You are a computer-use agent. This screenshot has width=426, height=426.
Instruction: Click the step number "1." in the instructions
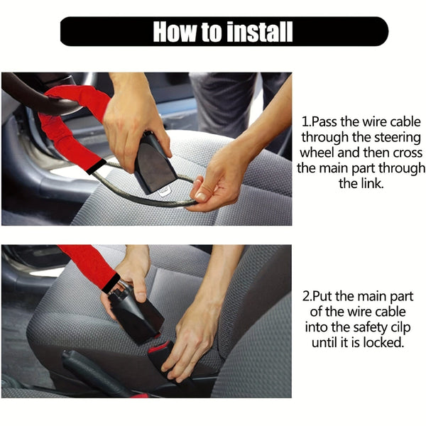(x=307, y=121)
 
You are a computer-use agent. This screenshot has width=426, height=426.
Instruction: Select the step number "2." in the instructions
(x=307, y=296)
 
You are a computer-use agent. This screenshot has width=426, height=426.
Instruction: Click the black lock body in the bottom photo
(x=136, y=316)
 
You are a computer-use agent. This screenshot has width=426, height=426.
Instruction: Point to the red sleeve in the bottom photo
(x=89, y=262)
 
